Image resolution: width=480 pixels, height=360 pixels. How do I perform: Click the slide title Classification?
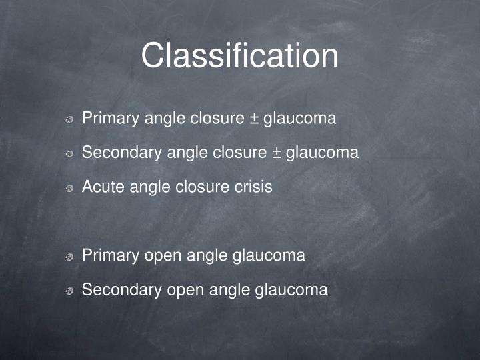[239, 56]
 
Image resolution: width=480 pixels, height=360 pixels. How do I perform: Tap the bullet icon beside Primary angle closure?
[69, 121]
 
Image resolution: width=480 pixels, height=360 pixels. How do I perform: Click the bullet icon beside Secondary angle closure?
[69, 155]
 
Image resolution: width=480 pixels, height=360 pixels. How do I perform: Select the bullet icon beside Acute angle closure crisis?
[69, 189]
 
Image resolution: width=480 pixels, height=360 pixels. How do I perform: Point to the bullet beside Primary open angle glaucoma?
[69, 257]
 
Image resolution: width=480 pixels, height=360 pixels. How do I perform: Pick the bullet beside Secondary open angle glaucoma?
[69, 291]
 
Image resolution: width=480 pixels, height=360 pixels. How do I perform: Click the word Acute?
[103, 187]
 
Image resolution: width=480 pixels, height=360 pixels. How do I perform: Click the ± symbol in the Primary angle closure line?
[254, 119]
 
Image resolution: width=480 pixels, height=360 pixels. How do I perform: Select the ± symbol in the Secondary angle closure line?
[276, 153]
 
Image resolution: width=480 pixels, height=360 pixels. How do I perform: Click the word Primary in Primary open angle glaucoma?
[110, 255]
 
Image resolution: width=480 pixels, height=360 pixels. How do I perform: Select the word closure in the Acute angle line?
[199, 187]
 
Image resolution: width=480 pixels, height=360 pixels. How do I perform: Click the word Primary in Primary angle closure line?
[110, 119]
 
